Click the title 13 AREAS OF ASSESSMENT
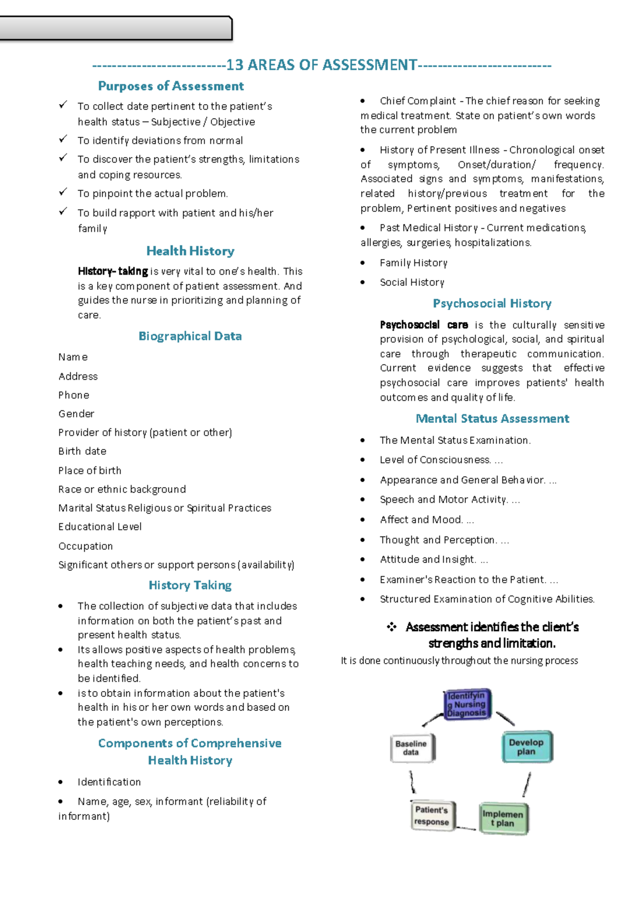321,65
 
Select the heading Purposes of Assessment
171,86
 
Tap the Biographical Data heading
190,336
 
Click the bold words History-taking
113,271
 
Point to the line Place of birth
90,471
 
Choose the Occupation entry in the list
85,546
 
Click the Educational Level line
100,527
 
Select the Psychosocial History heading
492,304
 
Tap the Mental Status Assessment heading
492,419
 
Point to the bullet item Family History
413,263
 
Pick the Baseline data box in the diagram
412,748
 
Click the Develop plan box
526,747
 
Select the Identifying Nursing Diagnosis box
467,704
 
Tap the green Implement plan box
503,818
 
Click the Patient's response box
432,816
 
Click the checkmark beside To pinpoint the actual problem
63,192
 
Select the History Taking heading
190,585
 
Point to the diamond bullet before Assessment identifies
392,627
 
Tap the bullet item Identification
109,782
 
